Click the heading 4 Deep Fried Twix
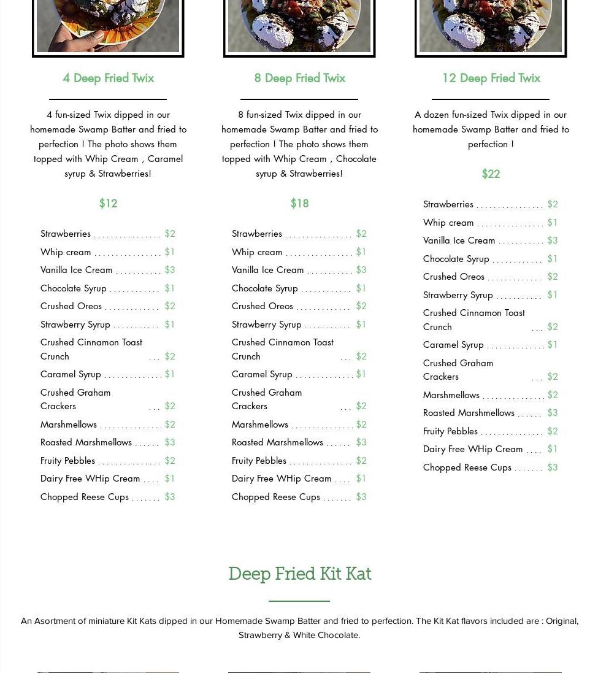(108, 78)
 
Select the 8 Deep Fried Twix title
(299, 78)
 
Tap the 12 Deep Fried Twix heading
(491, 78)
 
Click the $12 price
(108, 203)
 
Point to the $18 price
(299, 203)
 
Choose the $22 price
(491, 174)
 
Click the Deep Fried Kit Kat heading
(299, 574)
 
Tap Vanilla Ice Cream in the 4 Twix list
(77, 269)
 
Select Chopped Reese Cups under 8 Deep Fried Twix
(276, 496)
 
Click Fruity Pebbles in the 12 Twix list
(450, 431)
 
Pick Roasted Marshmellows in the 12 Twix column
(469, 412)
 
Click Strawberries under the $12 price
(66, 233)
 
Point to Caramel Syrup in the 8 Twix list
(262, 374)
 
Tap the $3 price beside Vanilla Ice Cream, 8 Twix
(361, 269)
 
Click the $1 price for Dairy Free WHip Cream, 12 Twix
(552, 448)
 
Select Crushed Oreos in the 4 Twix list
(71, 306)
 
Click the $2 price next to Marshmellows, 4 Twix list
(169, 424)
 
